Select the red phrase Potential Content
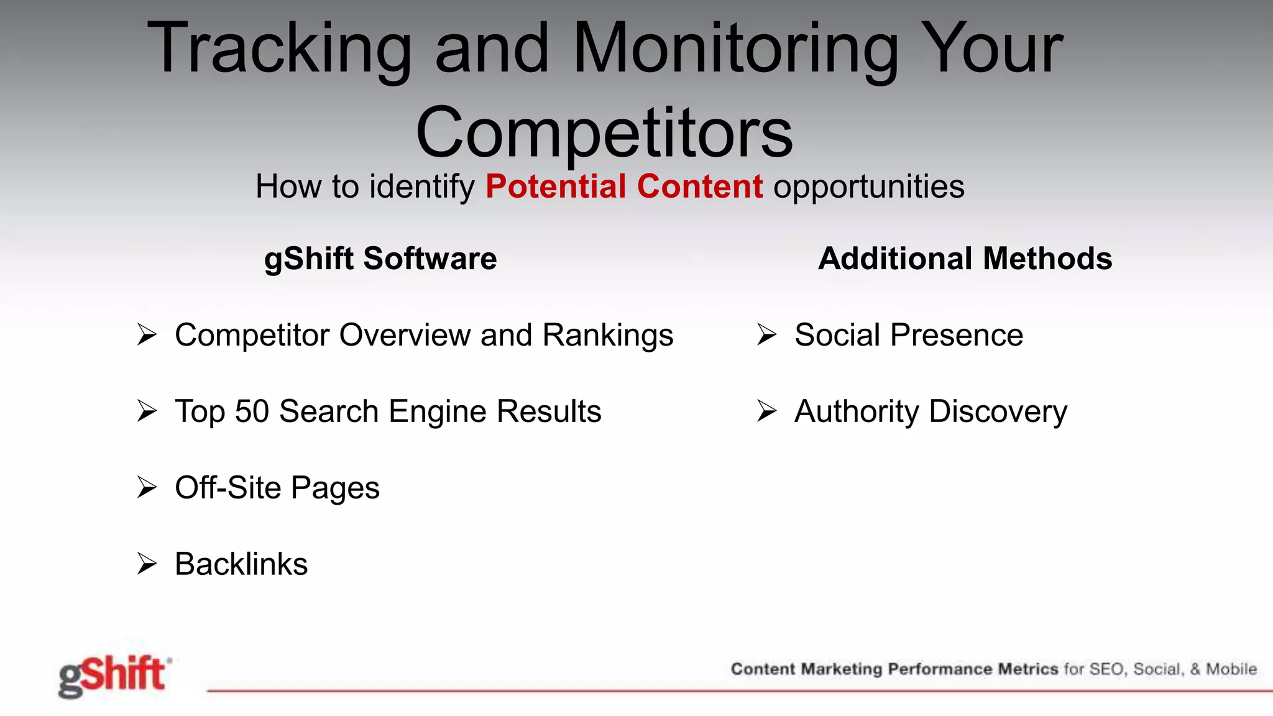point(624,186)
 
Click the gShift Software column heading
point(380,259)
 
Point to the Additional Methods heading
point(965,259)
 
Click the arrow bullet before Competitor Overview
point(147,335)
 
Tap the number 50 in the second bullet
point(252,411)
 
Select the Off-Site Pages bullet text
point(277,488)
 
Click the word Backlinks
point(241,564)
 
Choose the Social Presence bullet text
point(909,335)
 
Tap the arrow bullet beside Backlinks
point(147,564)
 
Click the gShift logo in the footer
point(113,676)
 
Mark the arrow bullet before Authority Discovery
point(767,411)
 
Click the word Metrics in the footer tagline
point(1027,669)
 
